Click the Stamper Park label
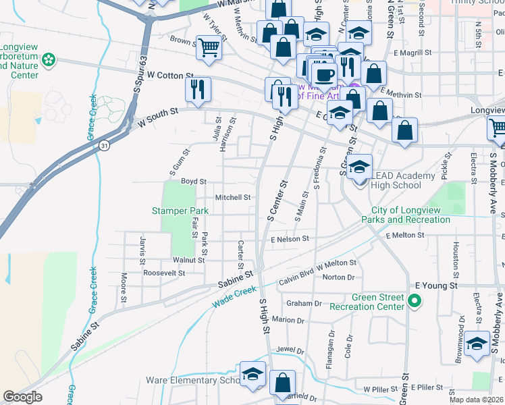(180, 211)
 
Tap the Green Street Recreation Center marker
(415, 301)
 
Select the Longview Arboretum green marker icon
(49, 61)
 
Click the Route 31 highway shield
(103, 145)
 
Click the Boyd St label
(193, 182)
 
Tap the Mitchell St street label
(233, 198)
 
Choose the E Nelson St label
(290, 238)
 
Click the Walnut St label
(188, 259)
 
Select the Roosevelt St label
(164, 273)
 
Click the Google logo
(22, 397)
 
